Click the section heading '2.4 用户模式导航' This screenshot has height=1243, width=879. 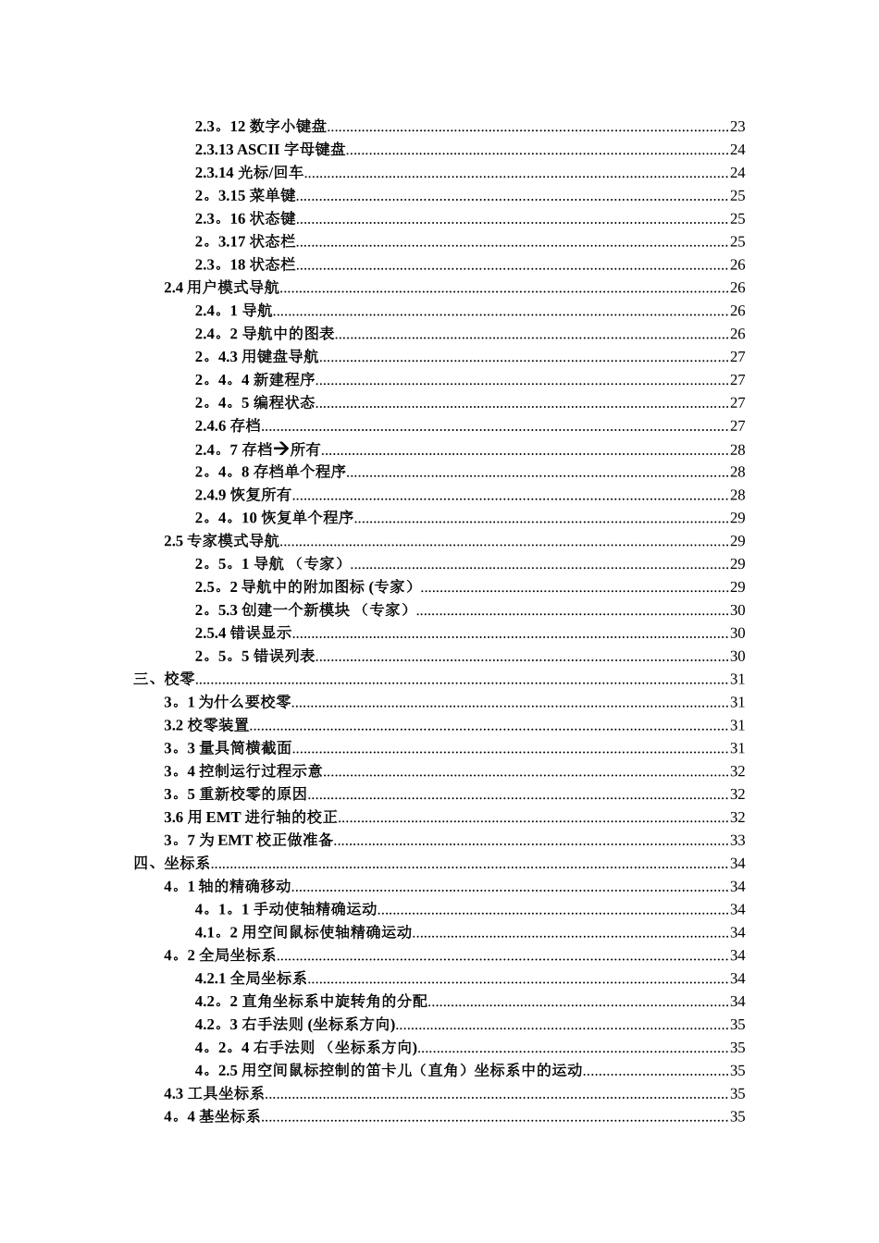221,288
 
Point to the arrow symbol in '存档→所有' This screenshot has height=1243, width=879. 281,449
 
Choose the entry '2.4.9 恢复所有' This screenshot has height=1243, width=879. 242,495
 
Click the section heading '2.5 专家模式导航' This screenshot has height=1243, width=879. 221,541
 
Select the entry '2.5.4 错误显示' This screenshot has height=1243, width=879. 242,634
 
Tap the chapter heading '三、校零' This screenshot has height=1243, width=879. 164,679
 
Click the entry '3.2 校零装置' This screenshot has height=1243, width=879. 206,725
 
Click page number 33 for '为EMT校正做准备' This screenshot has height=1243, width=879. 737,841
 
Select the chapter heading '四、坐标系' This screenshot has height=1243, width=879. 171,864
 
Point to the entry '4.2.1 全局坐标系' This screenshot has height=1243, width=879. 250,978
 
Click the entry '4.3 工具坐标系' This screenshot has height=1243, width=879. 214,1094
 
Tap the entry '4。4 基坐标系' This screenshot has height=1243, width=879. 212,1117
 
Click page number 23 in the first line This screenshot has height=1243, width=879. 737,127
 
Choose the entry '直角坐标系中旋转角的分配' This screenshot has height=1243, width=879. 334,1002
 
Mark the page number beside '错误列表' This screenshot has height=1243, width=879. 737,657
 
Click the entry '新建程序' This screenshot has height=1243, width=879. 284,380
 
